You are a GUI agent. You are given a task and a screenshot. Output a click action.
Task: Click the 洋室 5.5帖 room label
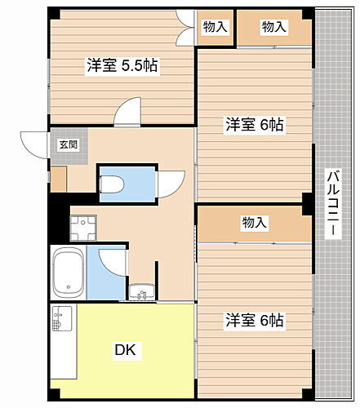click(122, 67)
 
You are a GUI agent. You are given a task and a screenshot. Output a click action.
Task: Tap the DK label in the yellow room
click(125, 351)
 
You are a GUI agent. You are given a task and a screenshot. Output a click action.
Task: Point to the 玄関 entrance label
click(67, 144)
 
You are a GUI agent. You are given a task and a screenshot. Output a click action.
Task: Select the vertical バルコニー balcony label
click(333, 204)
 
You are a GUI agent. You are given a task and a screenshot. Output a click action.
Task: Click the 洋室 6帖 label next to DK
click(254, 321)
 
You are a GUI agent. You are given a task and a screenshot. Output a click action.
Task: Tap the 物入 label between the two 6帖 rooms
click(254, 222)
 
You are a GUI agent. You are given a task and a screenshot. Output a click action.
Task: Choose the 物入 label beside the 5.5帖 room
click(215, 28)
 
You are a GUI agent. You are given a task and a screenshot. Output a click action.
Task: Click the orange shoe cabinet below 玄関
click(59, 179)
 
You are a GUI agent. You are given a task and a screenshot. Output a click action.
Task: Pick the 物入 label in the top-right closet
click(274, 28)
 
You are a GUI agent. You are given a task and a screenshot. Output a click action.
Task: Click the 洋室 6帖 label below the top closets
click(254, 125)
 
